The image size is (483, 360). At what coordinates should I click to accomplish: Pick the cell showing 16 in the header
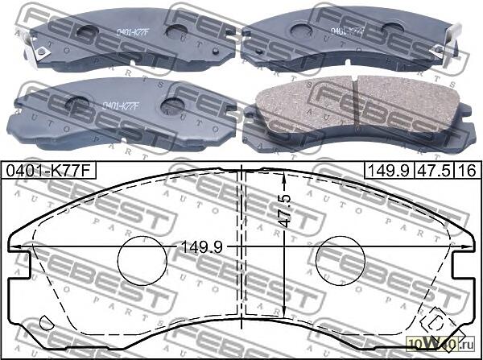click(466, 172)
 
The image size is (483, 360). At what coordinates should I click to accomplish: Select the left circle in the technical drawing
click(141, 259)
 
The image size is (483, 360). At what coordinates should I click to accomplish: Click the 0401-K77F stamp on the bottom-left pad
click(121, 105)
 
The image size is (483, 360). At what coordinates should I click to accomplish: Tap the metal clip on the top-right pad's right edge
click(456, 32)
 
